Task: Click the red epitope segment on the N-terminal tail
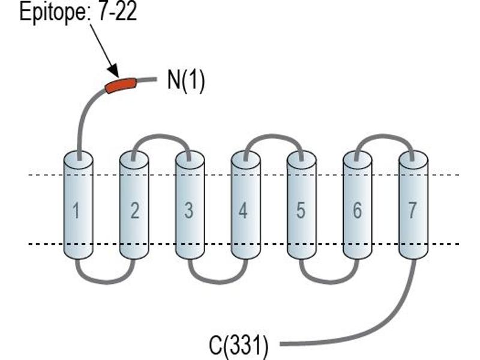pyautogui.click(x=121, y=85)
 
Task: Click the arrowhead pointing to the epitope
pyautogui.click(x=114, y=71)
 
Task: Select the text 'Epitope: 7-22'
pyautogui.click(x=78, y=13)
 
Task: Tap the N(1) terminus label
pyautogui.click(x=186, y=80)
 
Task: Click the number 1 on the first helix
pyautogui.click(x=76, y=211)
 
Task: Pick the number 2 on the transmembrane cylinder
pyautogui.click(x=134, y=211)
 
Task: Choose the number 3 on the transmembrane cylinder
pyautogui.click(x=189, y=211)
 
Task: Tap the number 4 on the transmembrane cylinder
pyautogui.click(x=243, y=211)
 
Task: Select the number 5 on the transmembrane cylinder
pyautogui.click(x=301, y=211)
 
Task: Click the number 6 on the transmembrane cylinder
pyautogui.click(x=357, y=211)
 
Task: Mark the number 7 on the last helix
pyautogui.click(x=412, y=211)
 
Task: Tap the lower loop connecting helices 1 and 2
pyautogui.click(x=106, y=281)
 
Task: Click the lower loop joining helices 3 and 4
pyautogui.click(x=218, y=281)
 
